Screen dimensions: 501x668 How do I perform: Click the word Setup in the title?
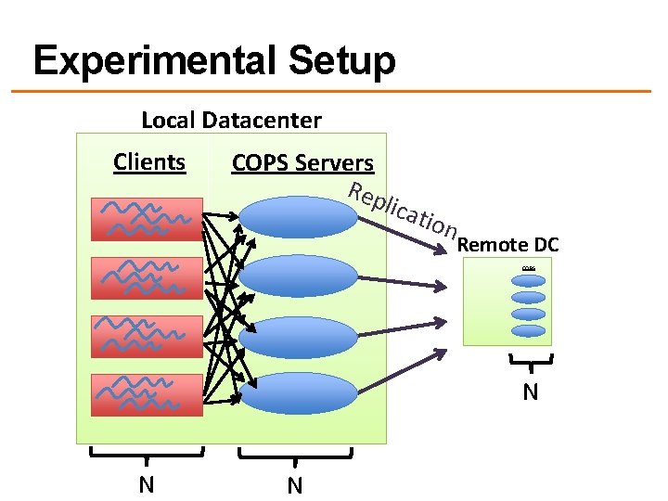(342, 62)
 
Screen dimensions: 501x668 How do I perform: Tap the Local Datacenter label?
(231, 120)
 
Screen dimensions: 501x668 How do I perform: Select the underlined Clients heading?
(149, 161)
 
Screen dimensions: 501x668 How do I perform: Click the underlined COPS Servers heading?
(302, 163)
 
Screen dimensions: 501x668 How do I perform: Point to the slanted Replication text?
(402, 210)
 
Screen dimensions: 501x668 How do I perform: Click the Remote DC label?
(507, 245)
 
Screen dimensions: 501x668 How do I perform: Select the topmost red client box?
(147, 219)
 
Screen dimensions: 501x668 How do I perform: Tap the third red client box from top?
(147, 336)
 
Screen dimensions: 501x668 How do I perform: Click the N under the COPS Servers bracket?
(295, 484)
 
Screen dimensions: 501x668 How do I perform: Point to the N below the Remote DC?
(530, 392)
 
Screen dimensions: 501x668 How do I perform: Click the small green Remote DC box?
(507, 302)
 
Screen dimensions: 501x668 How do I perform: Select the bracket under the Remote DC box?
(529, 363)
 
